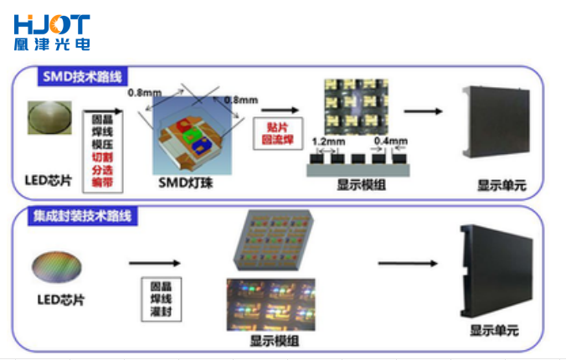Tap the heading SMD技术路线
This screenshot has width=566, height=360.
82,77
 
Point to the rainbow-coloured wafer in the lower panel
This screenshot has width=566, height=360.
56,268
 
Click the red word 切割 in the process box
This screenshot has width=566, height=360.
102,157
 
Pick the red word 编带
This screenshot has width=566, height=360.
102,182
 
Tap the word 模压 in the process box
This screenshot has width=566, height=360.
102,144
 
